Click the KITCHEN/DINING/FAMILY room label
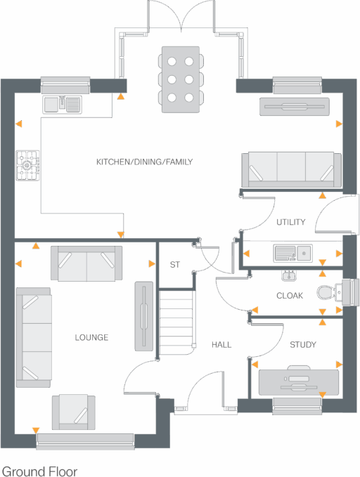coord(144,162)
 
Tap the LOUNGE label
coord(91,338)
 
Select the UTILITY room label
coord(290,223)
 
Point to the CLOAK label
coord(290,296)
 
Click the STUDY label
coord(302,345)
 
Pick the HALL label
coord(221,345)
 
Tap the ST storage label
coord(175,265)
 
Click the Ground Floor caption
coord(39,471)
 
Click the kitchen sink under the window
coord(63,105)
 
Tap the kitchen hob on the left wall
coord(27,166)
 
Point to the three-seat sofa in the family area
coord(290,169)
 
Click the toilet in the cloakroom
coord(328,292)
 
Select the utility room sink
coord(292,252)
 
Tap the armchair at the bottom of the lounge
coord(74,412)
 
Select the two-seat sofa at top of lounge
coord(86,263)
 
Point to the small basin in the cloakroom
coord(289,275)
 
